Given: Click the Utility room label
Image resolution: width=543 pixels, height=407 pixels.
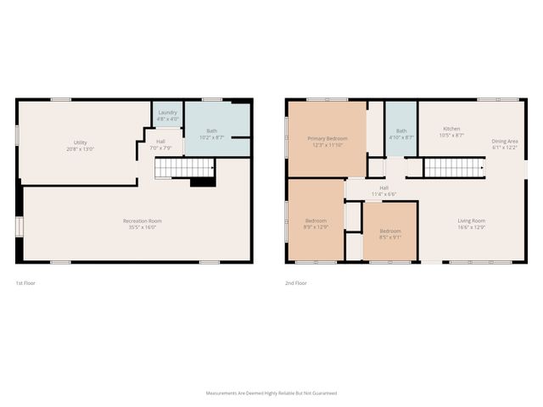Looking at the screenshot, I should tap(81, 142).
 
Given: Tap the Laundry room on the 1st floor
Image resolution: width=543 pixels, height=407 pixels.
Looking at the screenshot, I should tap(166, 114).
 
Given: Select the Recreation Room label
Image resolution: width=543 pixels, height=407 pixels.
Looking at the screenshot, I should tap(143, 220).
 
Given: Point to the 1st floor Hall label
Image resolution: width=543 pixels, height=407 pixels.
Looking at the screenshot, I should tap(160, 142).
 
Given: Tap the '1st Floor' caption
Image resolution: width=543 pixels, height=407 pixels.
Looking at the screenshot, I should tap(26, 282).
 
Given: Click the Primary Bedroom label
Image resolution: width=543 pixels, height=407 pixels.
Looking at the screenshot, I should tap(327, 138).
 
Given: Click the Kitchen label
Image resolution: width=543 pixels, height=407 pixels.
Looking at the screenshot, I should tap(451, 129).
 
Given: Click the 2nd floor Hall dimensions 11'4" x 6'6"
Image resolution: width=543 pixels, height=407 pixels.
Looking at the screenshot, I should tap(383, 194).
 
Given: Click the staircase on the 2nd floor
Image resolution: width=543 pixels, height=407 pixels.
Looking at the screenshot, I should tap(454, 168).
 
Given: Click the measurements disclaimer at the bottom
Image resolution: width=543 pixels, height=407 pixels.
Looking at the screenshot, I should tap(271, 393).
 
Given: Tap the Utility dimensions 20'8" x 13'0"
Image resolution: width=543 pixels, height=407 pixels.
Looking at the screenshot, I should tap(81, 148).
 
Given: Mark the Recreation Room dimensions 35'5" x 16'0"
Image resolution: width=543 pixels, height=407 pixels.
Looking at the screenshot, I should tap(143, 226).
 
